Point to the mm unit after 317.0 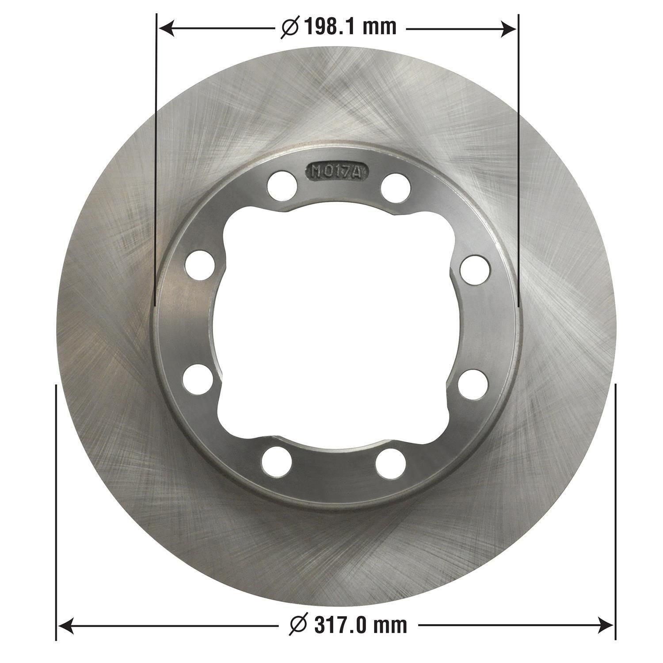point(389,625)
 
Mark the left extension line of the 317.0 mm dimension point(56,508)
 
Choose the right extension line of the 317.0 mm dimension point(615,508)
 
